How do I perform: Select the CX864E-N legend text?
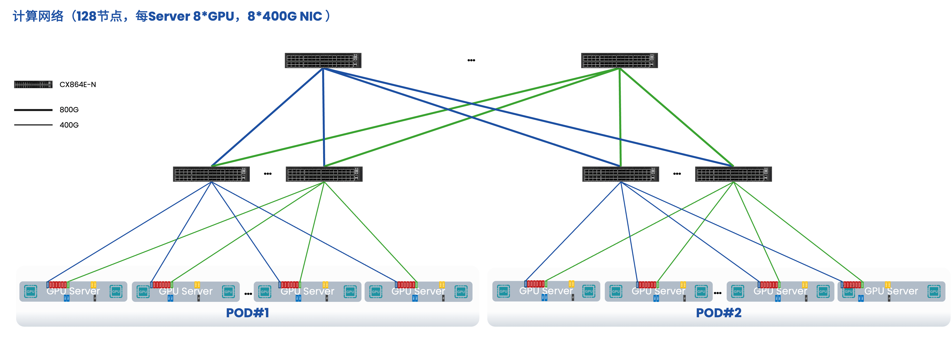coord(78,84)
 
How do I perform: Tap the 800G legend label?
coord(69,110)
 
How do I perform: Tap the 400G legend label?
coord(69,125)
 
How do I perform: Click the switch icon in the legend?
coord(33,84)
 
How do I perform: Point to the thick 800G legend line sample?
coord(33,110)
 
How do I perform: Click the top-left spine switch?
coord(323,60)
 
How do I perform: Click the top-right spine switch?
coord(619,60)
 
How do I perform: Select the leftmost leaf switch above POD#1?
coord(211,174)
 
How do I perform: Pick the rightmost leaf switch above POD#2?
coord(733,174)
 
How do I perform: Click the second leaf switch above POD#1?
coord(324,174)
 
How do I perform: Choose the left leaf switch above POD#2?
coord(620,174)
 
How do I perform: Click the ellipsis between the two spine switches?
coord(471,60)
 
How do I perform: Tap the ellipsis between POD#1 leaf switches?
coord(268,174)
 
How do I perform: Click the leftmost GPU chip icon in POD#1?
coord(31,291)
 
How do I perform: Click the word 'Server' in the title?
coord(169,16)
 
